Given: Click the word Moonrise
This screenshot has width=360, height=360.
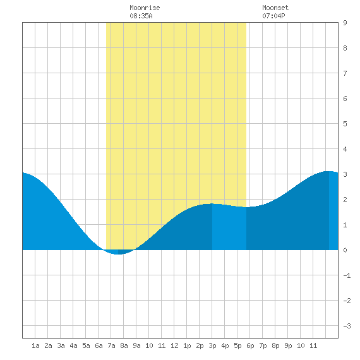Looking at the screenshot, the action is point(145,8).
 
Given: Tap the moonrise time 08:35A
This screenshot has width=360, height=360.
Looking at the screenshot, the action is point(141,16).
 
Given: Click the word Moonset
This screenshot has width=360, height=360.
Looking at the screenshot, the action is point(275,8).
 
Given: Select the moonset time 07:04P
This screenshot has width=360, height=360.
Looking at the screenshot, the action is point(273,16).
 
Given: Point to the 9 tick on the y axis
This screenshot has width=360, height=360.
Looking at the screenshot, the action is point(345,23).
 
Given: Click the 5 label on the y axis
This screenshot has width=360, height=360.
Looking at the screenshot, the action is point(345,124).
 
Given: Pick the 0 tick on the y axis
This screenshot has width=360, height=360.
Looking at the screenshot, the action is point(345,250).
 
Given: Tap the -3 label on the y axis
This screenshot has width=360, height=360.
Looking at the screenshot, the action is point(347,326).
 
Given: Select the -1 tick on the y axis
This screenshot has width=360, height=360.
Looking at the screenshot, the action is point(347,275).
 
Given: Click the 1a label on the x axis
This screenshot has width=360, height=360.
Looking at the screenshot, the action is point(35,345).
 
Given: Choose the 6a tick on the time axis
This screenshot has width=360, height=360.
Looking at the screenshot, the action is point(99,345).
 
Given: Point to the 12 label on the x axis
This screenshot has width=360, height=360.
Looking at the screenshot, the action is point(174,345).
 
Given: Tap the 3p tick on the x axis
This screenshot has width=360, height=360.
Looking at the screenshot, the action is point(212,345).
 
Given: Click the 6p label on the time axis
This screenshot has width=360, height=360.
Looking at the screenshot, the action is point(250,345).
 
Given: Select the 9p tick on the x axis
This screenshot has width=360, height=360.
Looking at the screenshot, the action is point(288,345).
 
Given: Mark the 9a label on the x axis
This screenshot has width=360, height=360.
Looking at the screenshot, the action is point(136,345).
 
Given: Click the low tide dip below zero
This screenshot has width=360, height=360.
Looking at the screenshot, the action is point(118,252).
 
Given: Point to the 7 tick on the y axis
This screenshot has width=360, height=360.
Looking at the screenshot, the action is point(345,73).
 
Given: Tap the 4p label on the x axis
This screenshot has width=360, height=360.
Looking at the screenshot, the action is point(225,345).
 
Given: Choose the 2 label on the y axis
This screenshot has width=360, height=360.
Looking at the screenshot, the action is point(345,200).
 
